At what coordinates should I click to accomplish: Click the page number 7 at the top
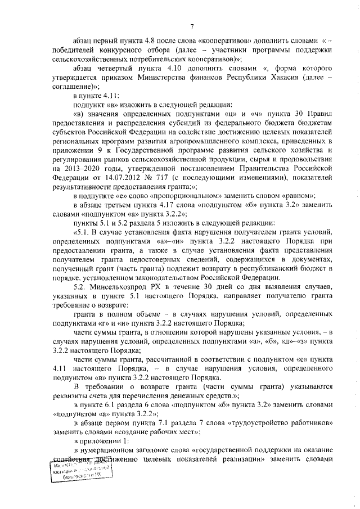pos(191,26)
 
